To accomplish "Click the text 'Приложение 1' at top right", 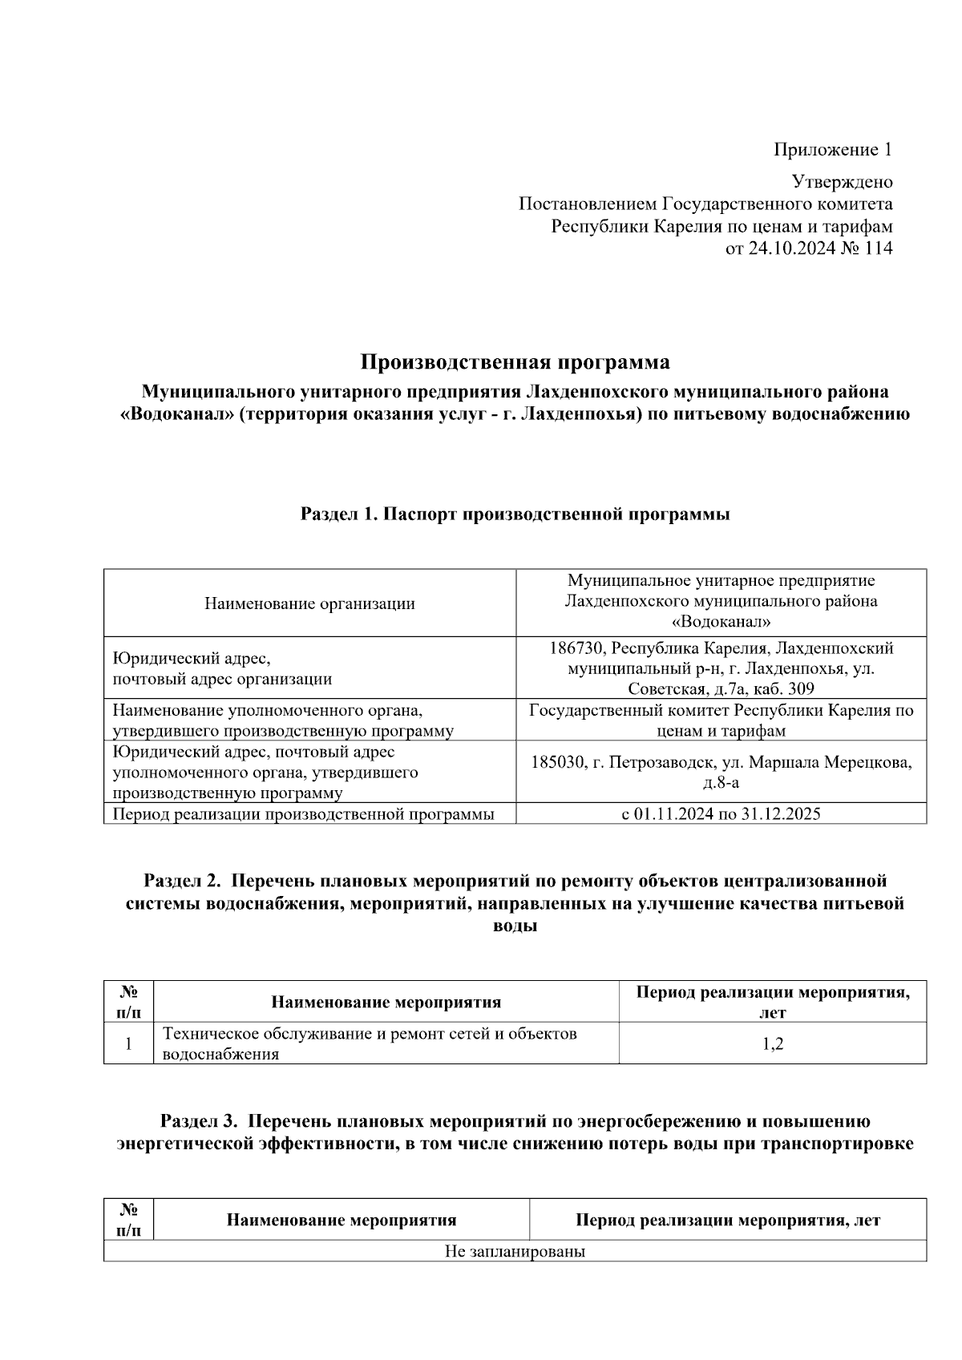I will coord(832,149).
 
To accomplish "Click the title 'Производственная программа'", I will coord(515,362).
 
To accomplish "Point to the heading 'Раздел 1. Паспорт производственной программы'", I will coord(515,514).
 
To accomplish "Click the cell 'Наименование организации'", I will coord(309,603).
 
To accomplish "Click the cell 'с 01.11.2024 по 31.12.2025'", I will coord(721,813).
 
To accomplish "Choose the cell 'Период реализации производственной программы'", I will coord(304,813).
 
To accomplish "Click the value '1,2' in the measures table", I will coord(773,1043).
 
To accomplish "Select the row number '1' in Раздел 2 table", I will coord(128,1043).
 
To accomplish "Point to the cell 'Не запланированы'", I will coord(515,1251).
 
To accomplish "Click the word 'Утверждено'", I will coord(842,182).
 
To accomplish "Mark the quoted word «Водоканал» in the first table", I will coord(721,622).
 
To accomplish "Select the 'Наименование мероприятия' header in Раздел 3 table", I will coord(342,1220).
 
